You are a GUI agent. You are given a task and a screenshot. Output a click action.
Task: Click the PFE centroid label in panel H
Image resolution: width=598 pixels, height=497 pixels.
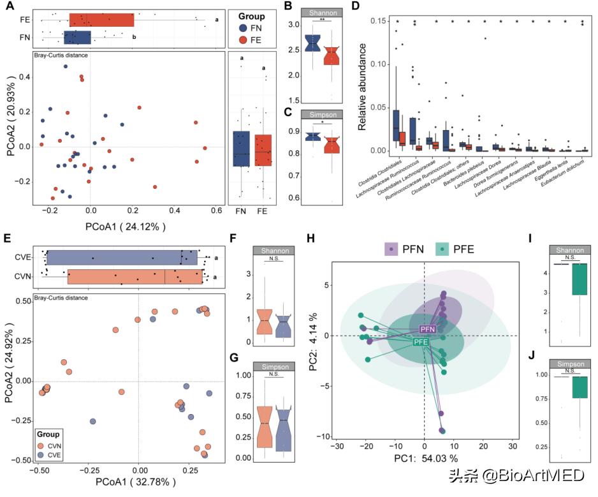coord(421,342)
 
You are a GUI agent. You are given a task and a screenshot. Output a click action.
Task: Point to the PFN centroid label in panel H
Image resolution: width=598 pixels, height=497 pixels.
coord(427,329)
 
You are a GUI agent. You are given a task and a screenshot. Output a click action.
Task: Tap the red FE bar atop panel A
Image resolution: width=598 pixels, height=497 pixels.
coord(101,20)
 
